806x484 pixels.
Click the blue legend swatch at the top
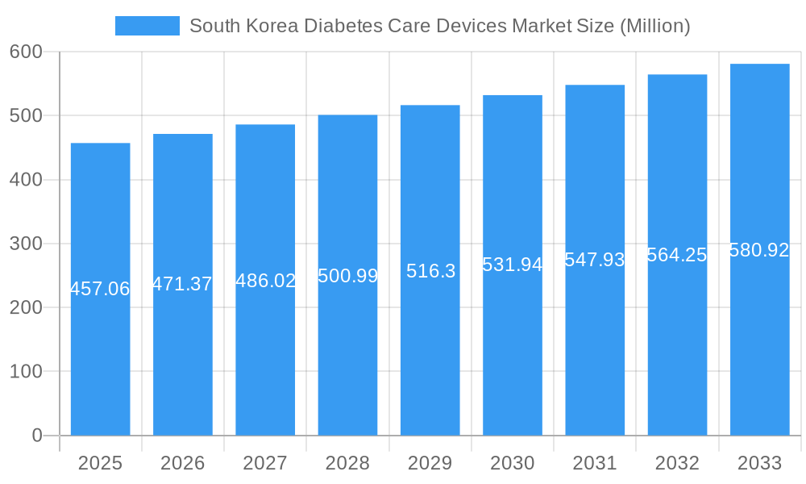pyautogui.click(x=147, y=26)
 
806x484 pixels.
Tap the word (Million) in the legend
pyautogui.click(x=654, y=26)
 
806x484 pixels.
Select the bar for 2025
pyautogui.click(x=101, y=363)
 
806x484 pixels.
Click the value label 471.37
pyautogui.click(x=183, y=284)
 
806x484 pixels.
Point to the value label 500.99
pyautogui.click(x=348, y=276)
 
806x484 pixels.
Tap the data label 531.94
pyautogui.click(x=513, y=265)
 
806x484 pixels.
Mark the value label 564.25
pyautogui.click(x=677, y=255)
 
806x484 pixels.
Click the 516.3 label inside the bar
pyautogui.click(x=430, y=271)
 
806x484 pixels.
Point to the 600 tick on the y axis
pyautogui.click(x=26, y=52)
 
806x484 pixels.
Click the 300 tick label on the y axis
pyautogui.click(x=26, y=244)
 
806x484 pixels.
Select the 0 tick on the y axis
pyautogui.click(x=37, y=436)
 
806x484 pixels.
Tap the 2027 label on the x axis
pyautogui.click(x=265, y=463)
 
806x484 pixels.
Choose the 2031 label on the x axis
pyautogui.click(x=595, y=463)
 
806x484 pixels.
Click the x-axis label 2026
pyautogui.click(x=183, y=463)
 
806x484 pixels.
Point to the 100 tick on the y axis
pyautogui.click(x=26, y=372)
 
